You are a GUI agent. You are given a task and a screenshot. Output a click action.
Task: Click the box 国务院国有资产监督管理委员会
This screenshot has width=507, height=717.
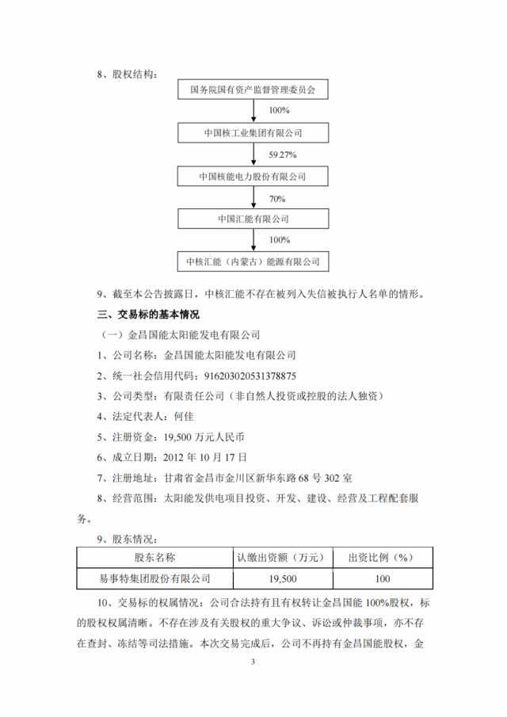[x=253, y=90]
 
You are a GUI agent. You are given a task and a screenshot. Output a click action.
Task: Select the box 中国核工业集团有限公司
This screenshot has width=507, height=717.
[x=253, y=132]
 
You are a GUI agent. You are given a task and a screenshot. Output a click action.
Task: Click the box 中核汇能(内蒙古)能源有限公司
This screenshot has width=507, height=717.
[x=253, y=260]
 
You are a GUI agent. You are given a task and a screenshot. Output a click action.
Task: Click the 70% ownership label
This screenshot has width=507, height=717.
[x=276, y=196]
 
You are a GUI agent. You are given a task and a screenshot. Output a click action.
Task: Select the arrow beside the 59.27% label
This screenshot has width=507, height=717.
[x=253, y=154]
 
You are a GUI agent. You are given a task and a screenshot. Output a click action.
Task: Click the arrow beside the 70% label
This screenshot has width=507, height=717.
[x=253, y=196]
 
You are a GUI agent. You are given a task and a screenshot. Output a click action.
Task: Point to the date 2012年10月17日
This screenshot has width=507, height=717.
[x=205, y=457]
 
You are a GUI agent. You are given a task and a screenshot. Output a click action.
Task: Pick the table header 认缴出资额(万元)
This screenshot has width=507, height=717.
[x=280, y=558]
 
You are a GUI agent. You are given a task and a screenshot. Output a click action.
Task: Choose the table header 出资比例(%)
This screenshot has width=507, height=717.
[x=383, y=558]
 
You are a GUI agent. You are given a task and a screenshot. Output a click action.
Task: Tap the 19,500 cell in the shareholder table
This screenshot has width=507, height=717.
[x=280, y=578]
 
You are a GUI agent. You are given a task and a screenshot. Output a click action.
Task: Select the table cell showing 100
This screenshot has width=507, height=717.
[x=383, y=578]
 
